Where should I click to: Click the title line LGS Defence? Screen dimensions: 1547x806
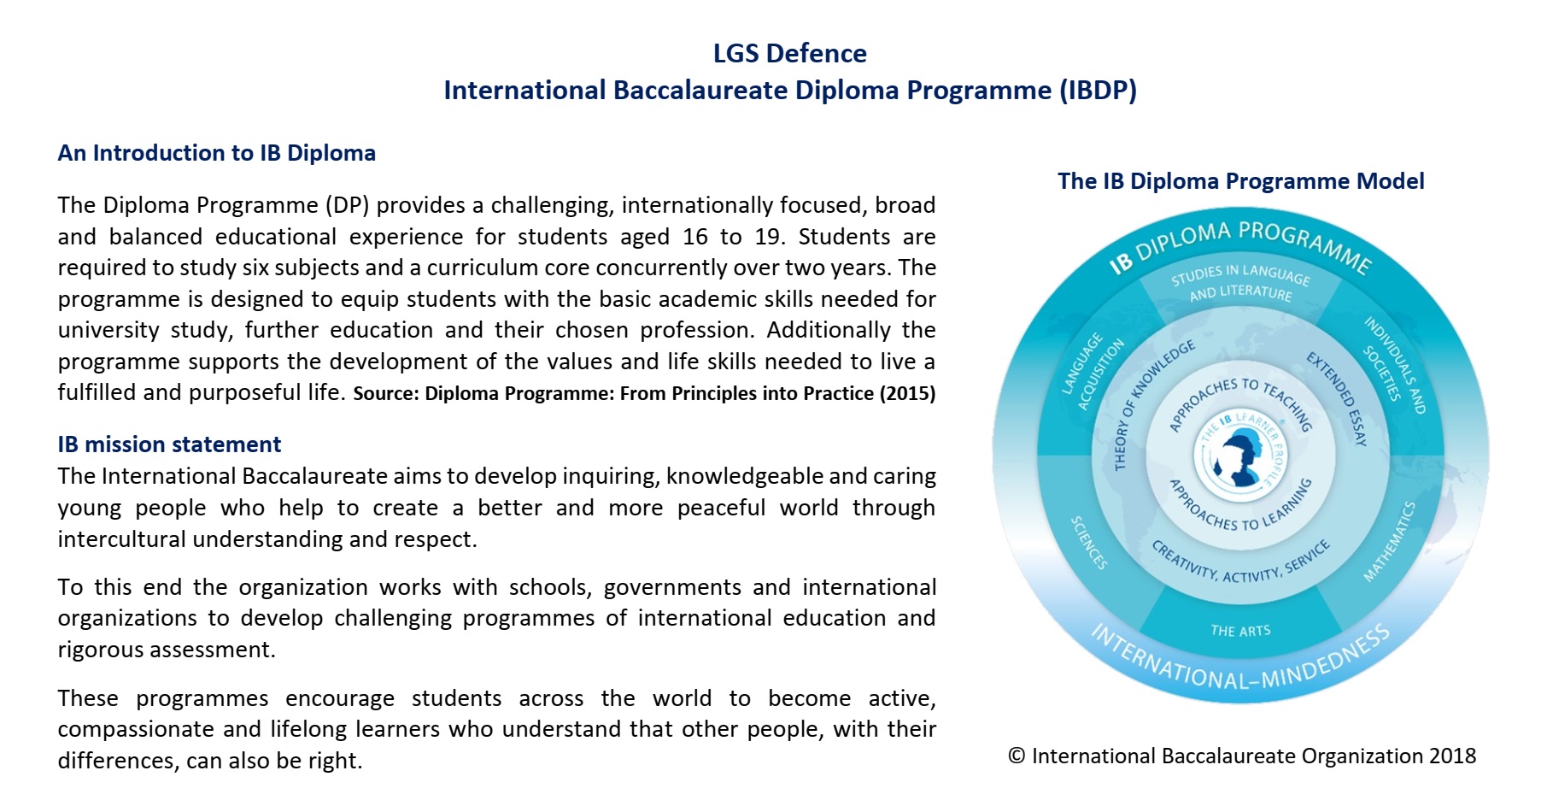coord(789,53)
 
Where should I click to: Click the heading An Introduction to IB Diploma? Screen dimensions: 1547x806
coord(217,153)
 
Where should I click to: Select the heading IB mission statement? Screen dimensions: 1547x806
coord(169,444)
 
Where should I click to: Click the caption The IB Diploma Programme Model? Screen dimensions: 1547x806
coord(1240,181)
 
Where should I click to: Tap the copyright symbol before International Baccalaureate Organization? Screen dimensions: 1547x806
coord(1017,756)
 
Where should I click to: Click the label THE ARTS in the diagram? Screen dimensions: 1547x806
coord(1240,631)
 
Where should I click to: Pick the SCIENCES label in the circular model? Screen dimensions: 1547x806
coord(1089,542)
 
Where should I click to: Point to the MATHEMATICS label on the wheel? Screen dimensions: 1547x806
coord(1390,542)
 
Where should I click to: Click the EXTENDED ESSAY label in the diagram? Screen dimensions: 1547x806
coord(1338,398)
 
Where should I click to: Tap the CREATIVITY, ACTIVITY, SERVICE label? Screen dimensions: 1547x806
coord(1240,562)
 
